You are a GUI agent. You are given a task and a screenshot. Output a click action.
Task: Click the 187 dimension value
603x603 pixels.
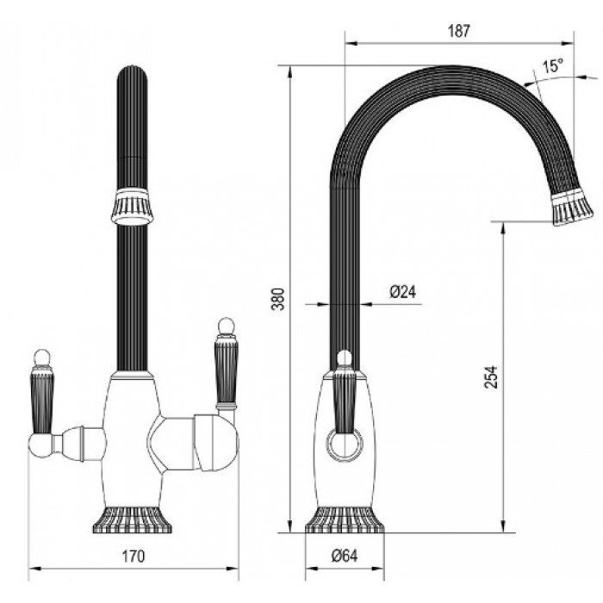point(460,31)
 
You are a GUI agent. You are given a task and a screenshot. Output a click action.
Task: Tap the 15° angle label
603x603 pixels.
point(552,65)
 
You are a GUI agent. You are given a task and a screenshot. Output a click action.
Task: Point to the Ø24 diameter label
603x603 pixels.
point(402,292)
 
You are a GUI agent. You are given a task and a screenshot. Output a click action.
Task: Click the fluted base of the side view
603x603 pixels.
point(342,519)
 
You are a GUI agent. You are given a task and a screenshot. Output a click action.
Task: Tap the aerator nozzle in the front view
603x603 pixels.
point(133,206)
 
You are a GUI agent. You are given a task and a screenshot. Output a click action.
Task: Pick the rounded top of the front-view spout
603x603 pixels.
point(133,72)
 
